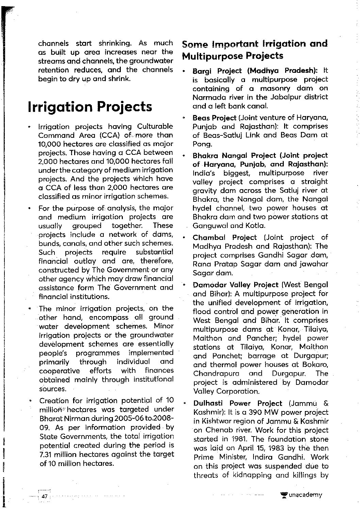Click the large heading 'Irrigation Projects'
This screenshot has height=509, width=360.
click(x=90, y=106)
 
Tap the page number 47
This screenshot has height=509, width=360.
click(x=44, y=496)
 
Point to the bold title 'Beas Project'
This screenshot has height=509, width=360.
click(x=214, y=118)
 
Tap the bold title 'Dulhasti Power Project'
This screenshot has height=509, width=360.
click(x=238, y=404)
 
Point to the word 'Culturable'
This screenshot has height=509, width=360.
click(x=155, y=126)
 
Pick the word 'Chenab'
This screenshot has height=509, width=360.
click(x=217, y=430)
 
